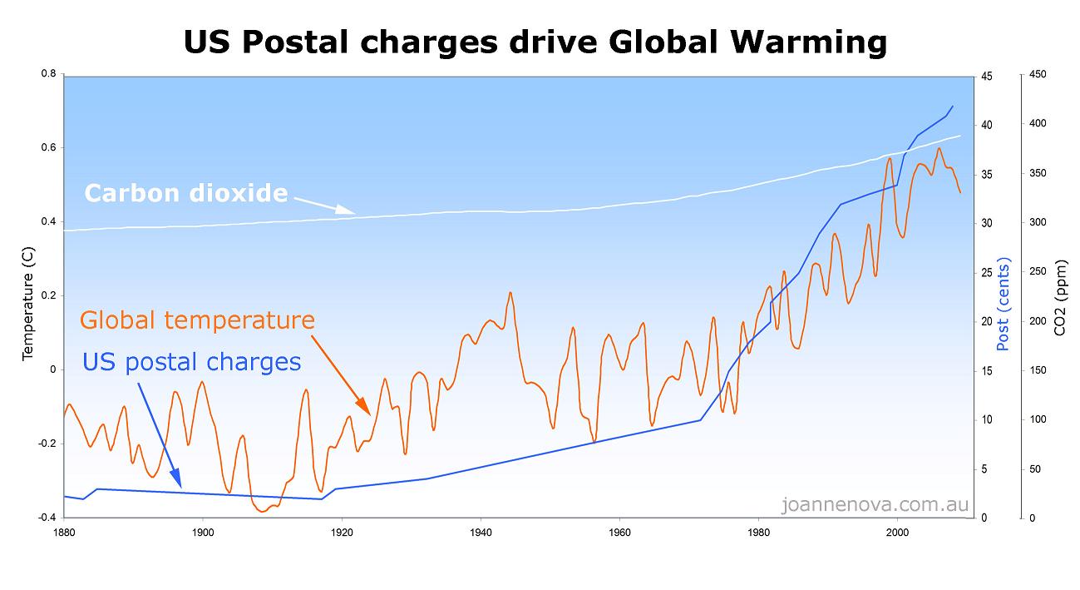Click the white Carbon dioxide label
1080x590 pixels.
point(185,194)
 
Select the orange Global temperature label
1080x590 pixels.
point(197,320)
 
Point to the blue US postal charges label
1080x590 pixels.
point(191,362)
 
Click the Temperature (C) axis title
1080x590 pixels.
point(28,296)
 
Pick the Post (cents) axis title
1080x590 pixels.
point(1003,305)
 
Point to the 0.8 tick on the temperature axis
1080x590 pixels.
point(47,74)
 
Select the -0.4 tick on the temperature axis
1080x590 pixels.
point(46,518)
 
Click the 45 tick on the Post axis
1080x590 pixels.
point(988,75)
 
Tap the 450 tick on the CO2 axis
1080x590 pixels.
point(1038,75)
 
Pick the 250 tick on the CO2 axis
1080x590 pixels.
point(1038,271)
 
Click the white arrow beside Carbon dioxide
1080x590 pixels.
point(323,206)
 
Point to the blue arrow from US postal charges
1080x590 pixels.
point(159,433)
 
